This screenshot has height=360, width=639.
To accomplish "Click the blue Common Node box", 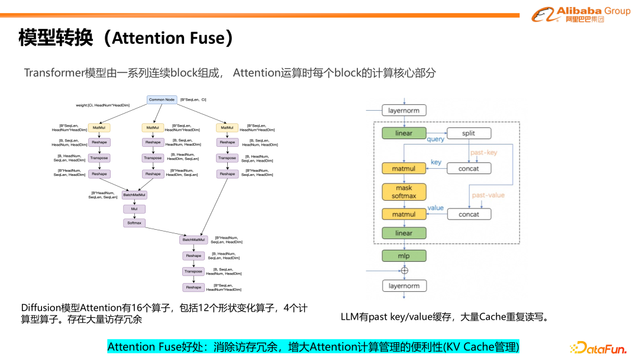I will coord(162,99).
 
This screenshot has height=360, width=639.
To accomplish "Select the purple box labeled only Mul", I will coord(134,209).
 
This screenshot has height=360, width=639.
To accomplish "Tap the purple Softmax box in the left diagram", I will coord(134,223).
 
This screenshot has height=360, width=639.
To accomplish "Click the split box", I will coord(469,133).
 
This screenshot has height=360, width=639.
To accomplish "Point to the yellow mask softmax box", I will coord(404,192).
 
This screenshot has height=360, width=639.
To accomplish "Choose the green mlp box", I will coord(404,256).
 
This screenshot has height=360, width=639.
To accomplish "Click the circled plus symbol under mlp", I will coord(405,271).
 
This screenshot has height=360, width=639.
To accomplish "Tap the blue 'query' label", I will coord(435,140).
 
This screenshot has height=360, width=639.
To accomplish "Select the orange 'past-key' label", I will coord(484,153).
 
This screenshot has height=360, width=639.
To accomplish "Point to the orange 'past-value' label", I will coord(488,195).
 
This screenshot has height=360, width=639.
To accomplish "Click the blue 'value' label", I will coord(435,208).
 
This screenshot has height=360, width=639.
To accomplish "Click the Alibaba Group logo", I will coord(580,14).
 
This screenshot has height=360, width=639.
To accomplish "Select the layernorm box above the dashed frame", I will coord(404,110).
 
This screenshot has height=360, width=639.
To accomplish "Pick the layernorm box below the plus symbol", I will coord(404,286).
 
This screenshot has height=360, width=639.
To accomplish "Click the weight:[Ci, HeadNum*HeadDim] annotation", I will coord(102,105).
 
